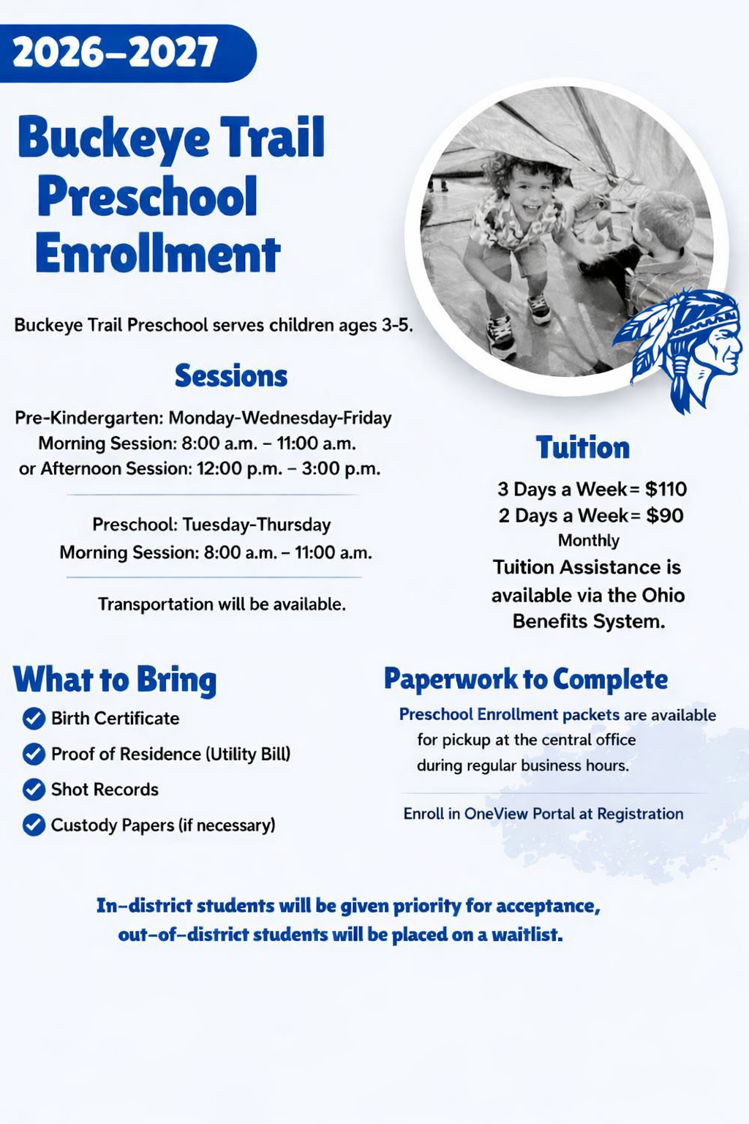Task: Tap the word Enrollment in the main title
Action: pyautogui.click(x=157, y=255)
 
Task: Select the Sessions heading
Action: pyautogui.click(x=230, y=376)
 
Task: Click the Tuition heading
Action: pyautogui.click(x=582, y=448)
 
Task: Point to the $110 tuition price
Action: pyautogui.click(x=666, y=489)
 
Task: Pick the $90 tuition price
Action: pyautogui.click(x=664, y=515)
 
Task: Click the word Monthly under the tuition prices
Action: pyautogui.click(x=588, y=541)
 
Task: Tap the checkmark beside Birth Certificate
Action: pyautogui.click(x=34, y=719)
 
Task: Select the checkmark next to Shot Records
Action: pyautogui.click(x=34, y=790)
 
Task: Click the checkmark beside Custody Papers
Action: pyautogui.click(x=34, y=825)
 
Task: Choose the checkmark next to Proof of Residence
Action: pyautogui.click(x=34, y=754)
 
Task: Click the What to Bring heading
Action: pyautogui.click(x=115, y=680)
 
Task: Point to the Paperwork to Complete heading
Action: pyautogui.click(x=525, y=679)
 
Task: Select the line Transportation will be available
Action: pyautogui.click(x=222, y=604)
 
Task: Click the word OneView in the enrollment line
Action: pyautogui.click(x=495, y=814)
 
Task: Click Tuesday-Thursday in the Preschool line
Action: pyautogui.click(x=256, y=525)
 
